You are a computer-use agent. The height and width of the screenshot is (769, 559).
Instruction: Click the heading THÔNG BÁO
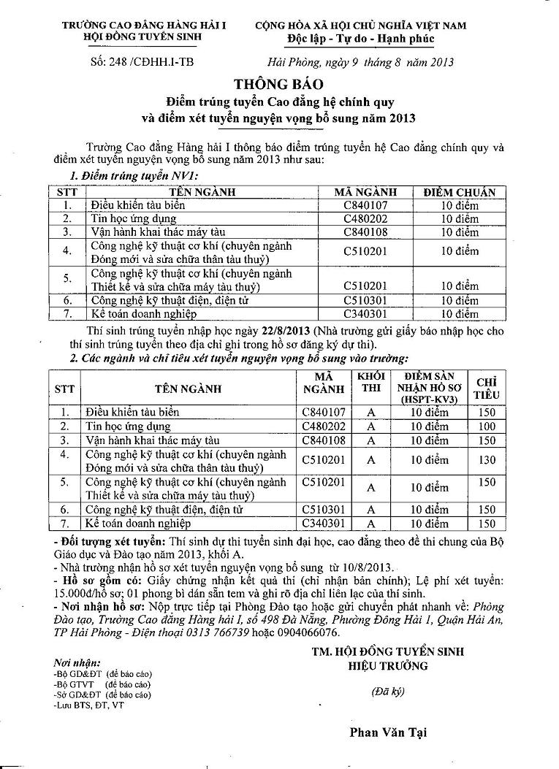click(x=278, y=84)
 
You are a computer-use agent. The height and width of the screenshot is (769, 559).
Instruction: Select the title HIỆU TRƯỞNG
click(x=388, y=665)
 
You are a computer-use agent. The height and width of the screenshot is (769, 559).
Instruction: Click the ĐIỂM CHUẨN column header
click(x=460, y=193)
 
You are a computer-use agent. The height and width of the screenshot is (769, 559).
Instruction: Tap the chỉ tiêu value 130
click(x=486, y=459)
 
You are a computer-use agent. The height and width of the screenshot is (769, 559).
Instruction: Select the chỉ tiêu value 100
click(x=486, y=426)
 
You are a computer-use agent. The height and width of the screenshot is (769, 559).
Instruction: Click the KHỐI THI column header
click(x=370, y=382)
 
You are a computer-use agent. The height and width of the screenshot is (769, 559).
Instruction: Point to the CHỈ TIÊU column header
click(x=487, y=388)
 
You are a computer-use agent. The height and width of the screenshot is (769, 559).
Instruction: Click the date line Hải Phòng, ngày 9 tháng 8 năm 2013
click(x=361, y=62)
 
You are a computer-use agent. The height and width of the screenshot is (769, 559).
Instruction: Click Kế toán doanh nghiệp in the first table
click(x=143, y=314)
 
